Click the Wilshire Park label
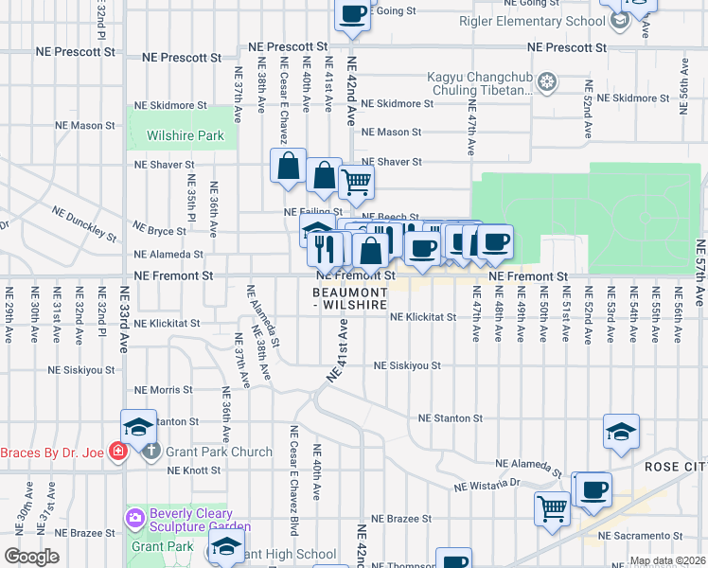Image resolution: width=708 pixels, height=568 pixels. click(x=186, y=135)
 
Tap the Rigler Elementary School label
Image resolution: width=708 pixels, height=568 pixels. click(x=531, y=21)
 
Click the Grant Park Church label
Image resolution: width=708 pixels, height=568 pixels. click(x=219, y=452)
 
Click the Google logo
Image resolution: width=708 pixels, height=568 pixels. click(x=31, y=557)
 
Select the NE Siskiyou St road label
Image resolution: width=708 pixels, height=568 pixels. click(x=407, y=364)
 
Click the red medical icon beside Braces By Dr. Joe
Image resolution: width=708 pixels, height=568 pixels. click(x=117, y=452)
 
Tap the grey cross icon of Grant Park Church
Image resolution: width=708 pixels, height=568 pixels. click(x=151, y=452)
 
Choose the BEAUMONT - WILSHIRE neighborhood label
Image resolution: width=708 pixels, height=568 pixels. click(x=350, y=299)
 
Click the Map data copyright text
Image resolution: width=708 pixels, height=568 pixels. click(x=665, y=560)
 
